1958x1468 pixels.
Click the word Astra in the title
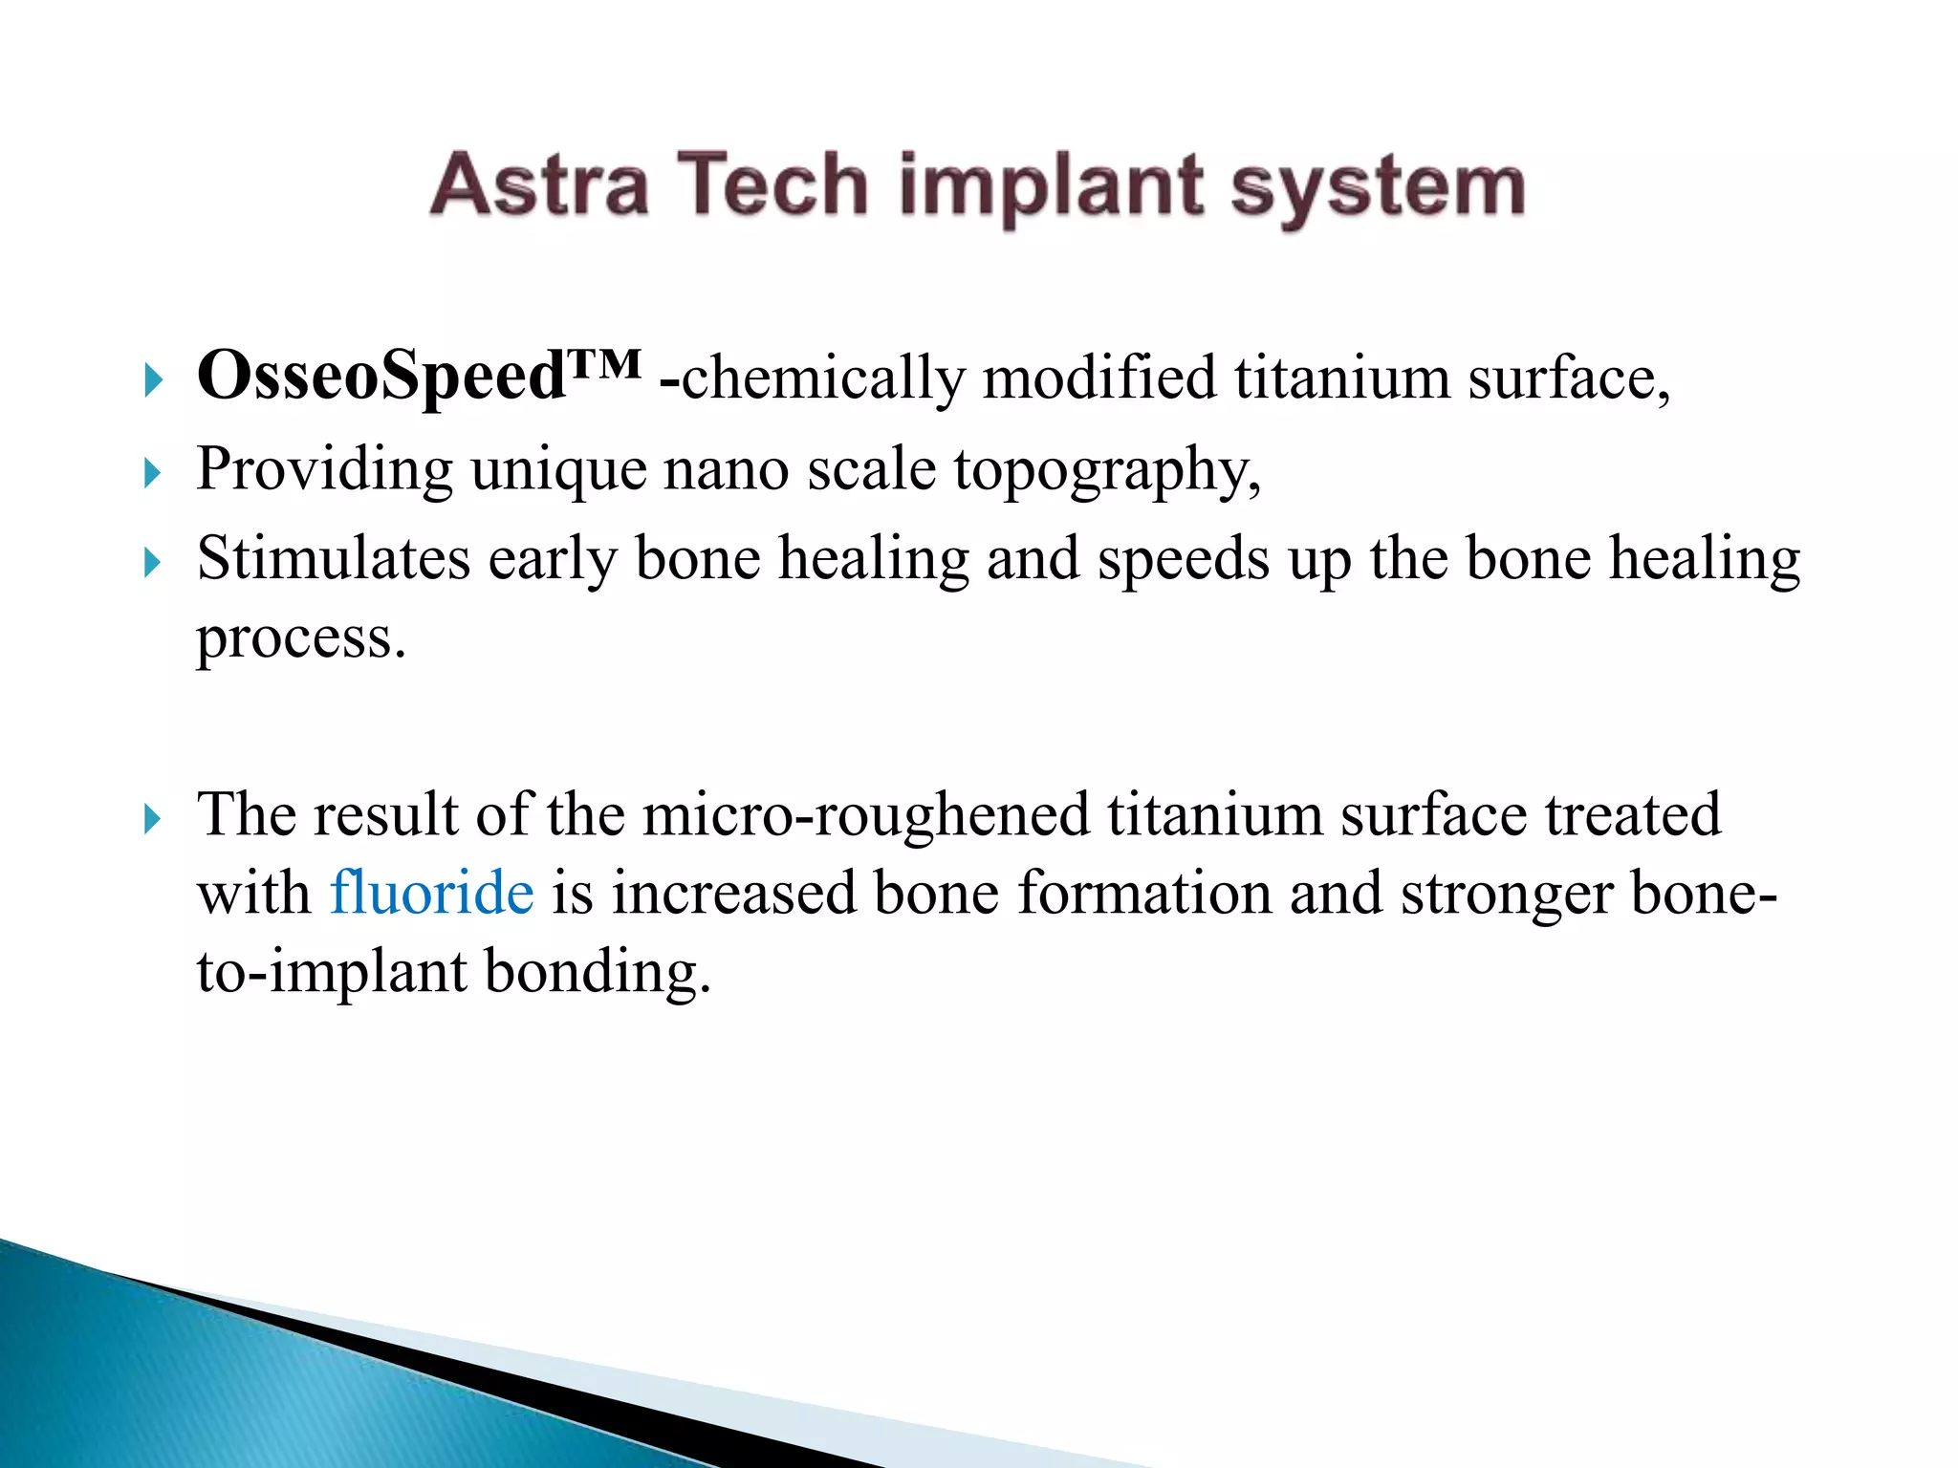point(539,184)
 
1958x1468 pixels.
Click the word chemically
point(823,378)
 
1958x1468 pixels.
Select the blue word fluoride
point(431,893)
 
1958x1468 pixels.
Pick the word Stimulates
point(334,558)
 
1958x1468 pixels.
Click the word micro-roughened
point(866,815)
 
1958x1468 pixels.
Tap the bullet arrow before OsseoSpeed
point(153,379)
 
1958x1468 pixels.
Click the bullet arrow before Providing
point(153,472)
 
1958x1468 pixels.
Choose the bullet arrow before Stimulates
point(153,561)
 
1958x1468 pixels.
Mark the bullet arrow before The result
point(153,818)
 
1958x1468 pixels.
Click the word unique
point(557,470)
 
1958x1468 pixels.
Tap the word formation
point(1143,893)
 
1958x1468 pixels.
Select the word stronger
point(1506,893)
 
